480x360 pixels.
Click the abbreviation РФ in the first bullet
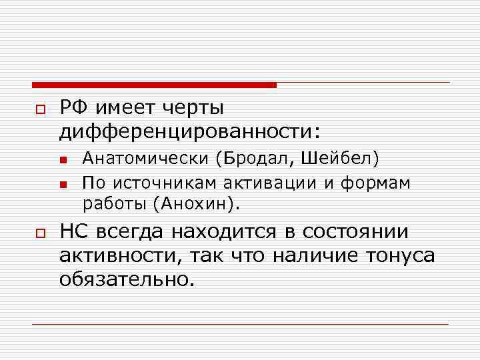click(74, 108)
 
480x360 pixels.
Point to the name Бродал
click(257, 159)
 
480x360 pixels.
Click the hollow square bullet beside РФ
click(39, 109)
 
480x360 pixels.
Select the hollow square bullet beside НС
click(39, 233)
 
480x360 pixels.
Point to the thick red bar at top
click(154, 85)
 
